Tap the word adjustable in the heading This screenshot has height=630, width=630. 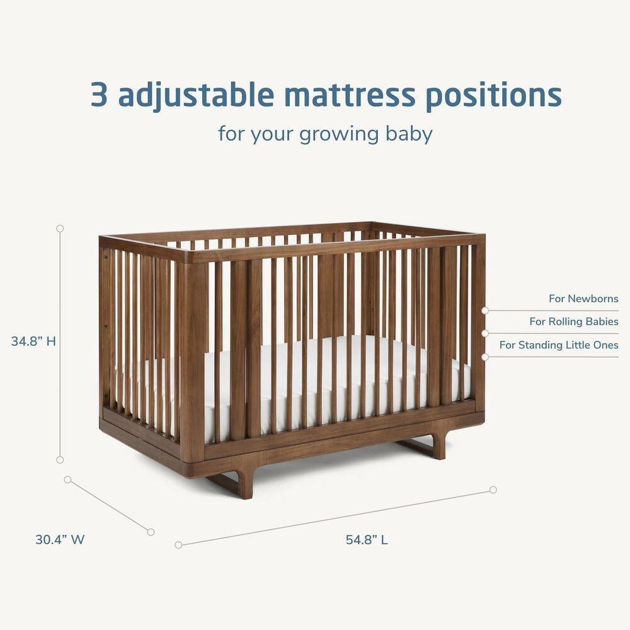(x=196, y=96)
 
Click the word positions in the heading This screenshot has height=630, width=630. (x=493, y=96)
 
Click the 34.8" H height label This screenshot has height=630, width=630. (x=33, y=341)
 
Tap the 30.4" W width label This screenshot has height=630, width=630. (x=60, y=539)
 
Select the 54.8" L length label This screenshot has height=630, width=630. (x=367, y=539)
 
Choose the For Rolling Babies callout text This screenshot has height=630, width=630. (x=574, y=322)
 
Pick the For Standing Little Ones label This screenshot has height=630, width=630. (x=559, y=345)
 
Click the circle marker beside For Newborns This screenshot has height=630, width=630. (x=485, y=311)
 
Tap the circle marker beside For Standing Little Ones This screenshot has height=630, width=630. (x=485, y=357)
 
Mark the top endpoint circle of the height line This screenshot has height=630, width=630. (x=60, y=228)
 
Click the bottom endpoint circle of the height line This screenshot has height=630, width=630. (x=60, y=460)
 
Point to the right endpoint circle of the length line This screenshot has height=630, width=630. (x=493, y=490)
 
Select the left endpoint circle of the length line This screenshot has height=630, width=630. (x=178, y=545)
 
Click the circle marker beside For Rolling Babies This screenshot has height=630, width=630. (x=485, y=333)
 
